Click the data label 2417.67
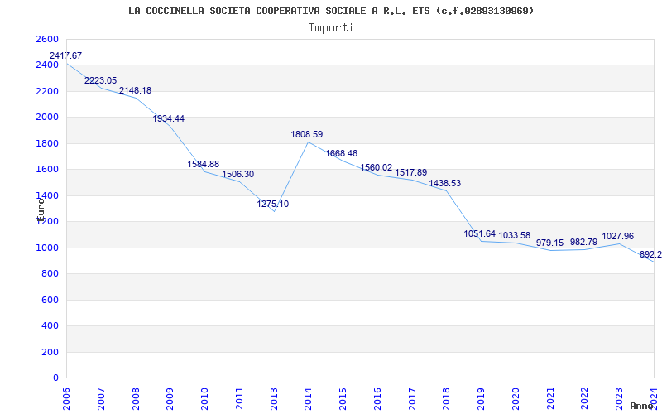coord(66,55)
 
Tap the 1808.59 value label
coord(307,134)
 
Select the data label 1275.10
coord(273,204)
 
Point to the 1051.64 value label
coord(480,234)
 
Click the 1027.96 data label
coord(618,236)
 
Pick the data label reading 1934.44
coord(169,119)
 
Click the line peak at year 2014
coord(308,142)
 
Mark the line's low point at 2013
coord(273,212)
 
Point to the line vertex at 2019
coord(481,241)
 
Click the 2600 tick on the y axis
coord(48,40)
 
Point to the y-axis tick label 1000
coord(48,248)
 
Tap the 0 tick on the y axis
coord(56,378)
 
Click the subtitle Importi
coord(331,27)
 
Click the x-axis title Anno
coord(642,406)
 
